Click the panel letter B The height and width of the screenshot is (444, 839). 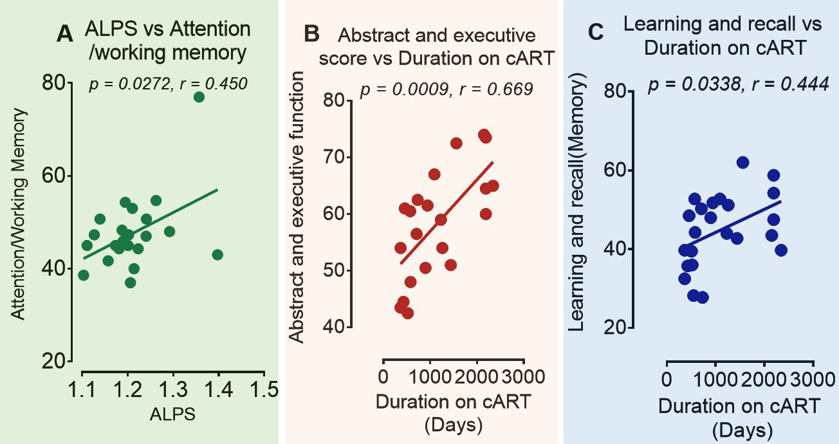tap(311, 33)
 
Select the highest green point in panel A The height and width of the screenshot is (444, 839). tap(199, 97)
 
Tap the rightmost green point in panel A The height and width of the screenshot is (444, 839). tap(217, 255)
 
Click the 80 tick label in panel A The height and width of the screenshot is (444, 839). tap(54, 82)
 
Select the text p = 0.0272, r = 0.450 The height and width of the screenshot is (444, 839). tap(168, 83)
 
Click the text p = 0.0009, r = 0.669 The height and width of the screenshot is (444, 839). tap(447, 89)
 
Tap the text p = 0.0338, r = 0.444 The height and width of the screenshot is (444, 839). tap(737, 85)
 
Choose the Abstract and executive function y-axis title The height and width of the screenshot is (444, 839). tap(296, 207)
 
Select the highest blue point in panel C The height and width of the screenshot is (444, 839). tap(743, 163)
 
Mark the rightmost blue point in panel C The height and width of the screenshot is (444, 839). tap(781, 250)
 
